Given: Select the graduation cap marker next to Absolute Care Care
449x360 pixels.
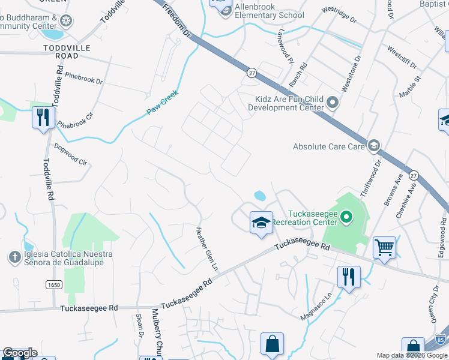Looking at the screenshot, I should tap(374, 146).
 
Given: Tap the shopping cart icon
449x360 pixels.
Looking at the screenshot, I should tap(384, 247).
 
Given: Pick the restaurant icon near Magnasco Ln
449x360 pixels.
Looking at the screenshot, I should tap(349, 277).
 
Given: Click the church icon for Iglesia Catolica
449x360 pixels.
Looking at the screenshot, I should tap(14, 257).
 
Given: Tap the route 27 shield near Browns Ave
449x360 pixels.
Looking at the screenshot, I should tap(414, 176).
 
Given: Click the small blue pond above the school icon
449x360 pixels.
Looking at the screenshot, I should tap(260, 196).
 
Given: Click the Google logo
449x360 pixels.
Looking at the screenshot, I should tap(20, 353).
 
